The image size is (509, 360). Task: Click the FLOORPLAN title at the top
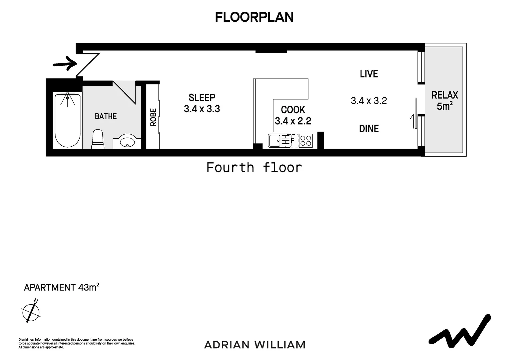point(254,17)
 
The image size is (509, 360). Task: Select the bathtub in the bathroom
point(68,121)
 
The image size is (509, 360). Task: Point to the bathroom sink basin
point(127,142)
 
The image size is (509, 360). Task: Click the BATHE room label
point(106,116)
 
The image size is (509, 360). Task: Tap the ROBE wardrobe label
point(153,117)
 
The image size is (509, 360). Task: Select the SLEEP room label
point(202,98)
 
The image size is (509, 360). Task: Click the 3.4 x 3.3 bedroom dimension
point(202,109)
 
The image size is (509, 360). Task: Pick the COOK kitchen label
point(293,110)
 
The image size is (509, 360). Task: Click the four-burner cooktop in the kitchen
point(306,141)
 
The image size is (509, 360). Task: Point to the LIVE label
point(369,74)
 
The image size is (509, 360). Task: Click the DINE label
point(369,129)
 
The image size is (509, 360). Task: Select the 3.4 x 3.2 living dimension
point(369,101)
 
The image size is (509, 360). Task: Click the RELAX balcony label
point(445,95)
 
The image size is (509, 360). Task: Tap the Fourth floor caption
point(254,167)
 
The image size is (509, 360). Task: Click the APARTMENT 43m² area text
point(62,287)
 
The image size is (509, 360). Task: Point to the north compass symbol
point(31,312)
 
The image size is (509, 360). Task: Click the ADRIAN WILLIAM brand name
point(254,345)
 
